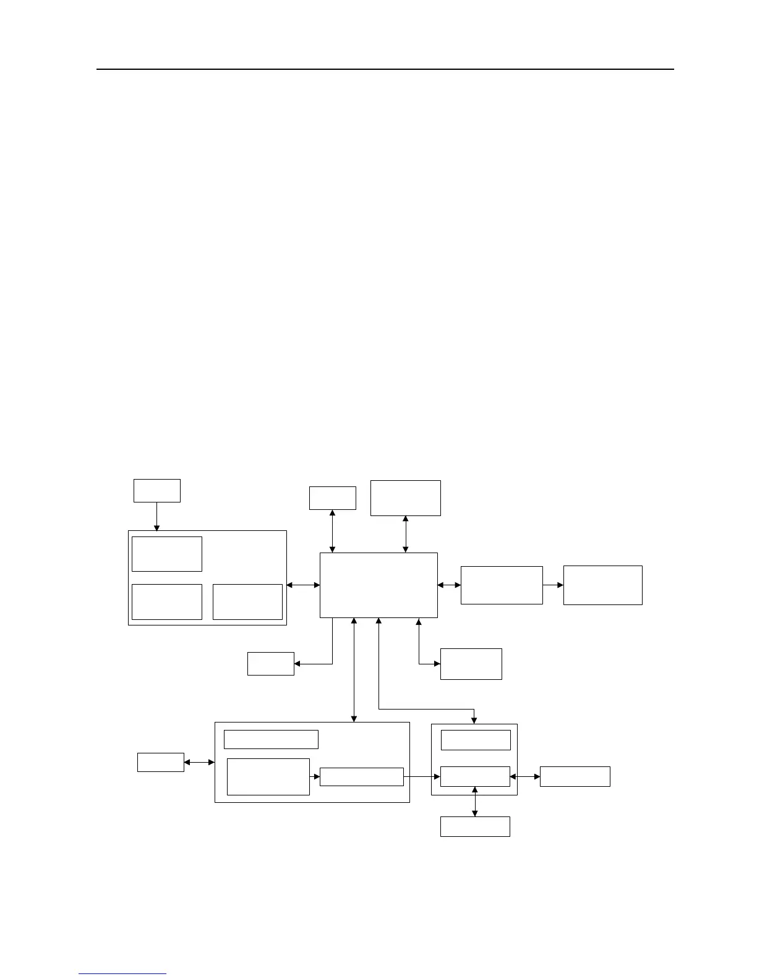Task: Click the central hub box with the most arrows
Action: point(378,585)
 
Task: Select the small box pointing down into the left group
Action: point(157,490)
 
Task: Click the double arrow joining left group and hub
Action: point(303,585)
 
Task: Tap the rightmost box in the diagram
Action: point(602,585)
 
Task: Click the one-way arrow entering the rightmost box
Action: point(553,585)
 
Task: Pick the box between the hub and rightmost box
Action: point(502,585)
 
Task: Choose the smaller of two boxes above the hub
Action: point(332,498)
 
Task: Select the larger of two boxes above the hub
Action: point(405,498)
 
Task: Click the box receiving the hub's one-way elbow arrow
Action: point(270,664)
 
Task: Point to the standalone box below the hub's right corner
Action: point(471,664)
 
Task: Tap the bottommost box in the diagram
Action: point(475,826)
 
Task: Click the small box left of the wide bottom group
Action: point(160,762)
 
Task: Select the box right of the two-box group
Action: point(575,776)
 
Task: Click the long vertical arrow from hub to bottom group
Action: point(354,669)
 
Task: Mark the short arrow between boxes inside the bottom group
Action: point(314,776)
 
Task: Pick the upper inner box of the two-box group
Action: point(475,740)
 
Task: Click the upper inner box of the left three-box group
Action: point(167,554)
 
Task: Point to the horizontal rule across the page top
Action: point(385,69)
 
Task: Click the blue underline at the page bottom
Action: point(122,973)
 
